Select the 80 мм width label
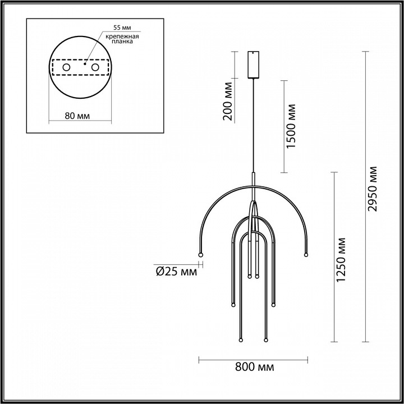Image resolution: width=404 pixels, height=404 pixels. pos(78,116)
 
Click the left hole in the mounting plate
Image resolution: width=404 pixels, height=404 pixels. pos(66,67)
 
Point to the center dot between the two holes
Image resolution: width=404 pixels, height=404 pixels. pos(84,64)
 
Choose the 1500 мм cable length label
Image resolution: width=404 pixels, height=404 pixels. pos(291,126)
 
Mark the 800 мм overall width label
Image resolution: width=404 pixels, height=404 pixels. pos(254,368)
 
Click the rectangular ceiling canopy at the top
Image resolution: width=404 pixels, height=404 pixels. pos(253,66)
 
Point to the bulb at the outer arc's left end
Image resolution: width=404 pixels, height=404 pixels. pos(199,255)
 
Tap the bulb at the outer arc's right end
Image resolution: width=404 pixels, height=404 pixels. pos(306,255)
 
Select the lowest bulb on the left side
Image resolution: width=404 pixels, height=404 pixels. pos(240,340)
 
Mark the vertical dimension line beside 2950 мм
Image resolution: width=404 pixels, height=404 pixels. pos(366,196)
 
